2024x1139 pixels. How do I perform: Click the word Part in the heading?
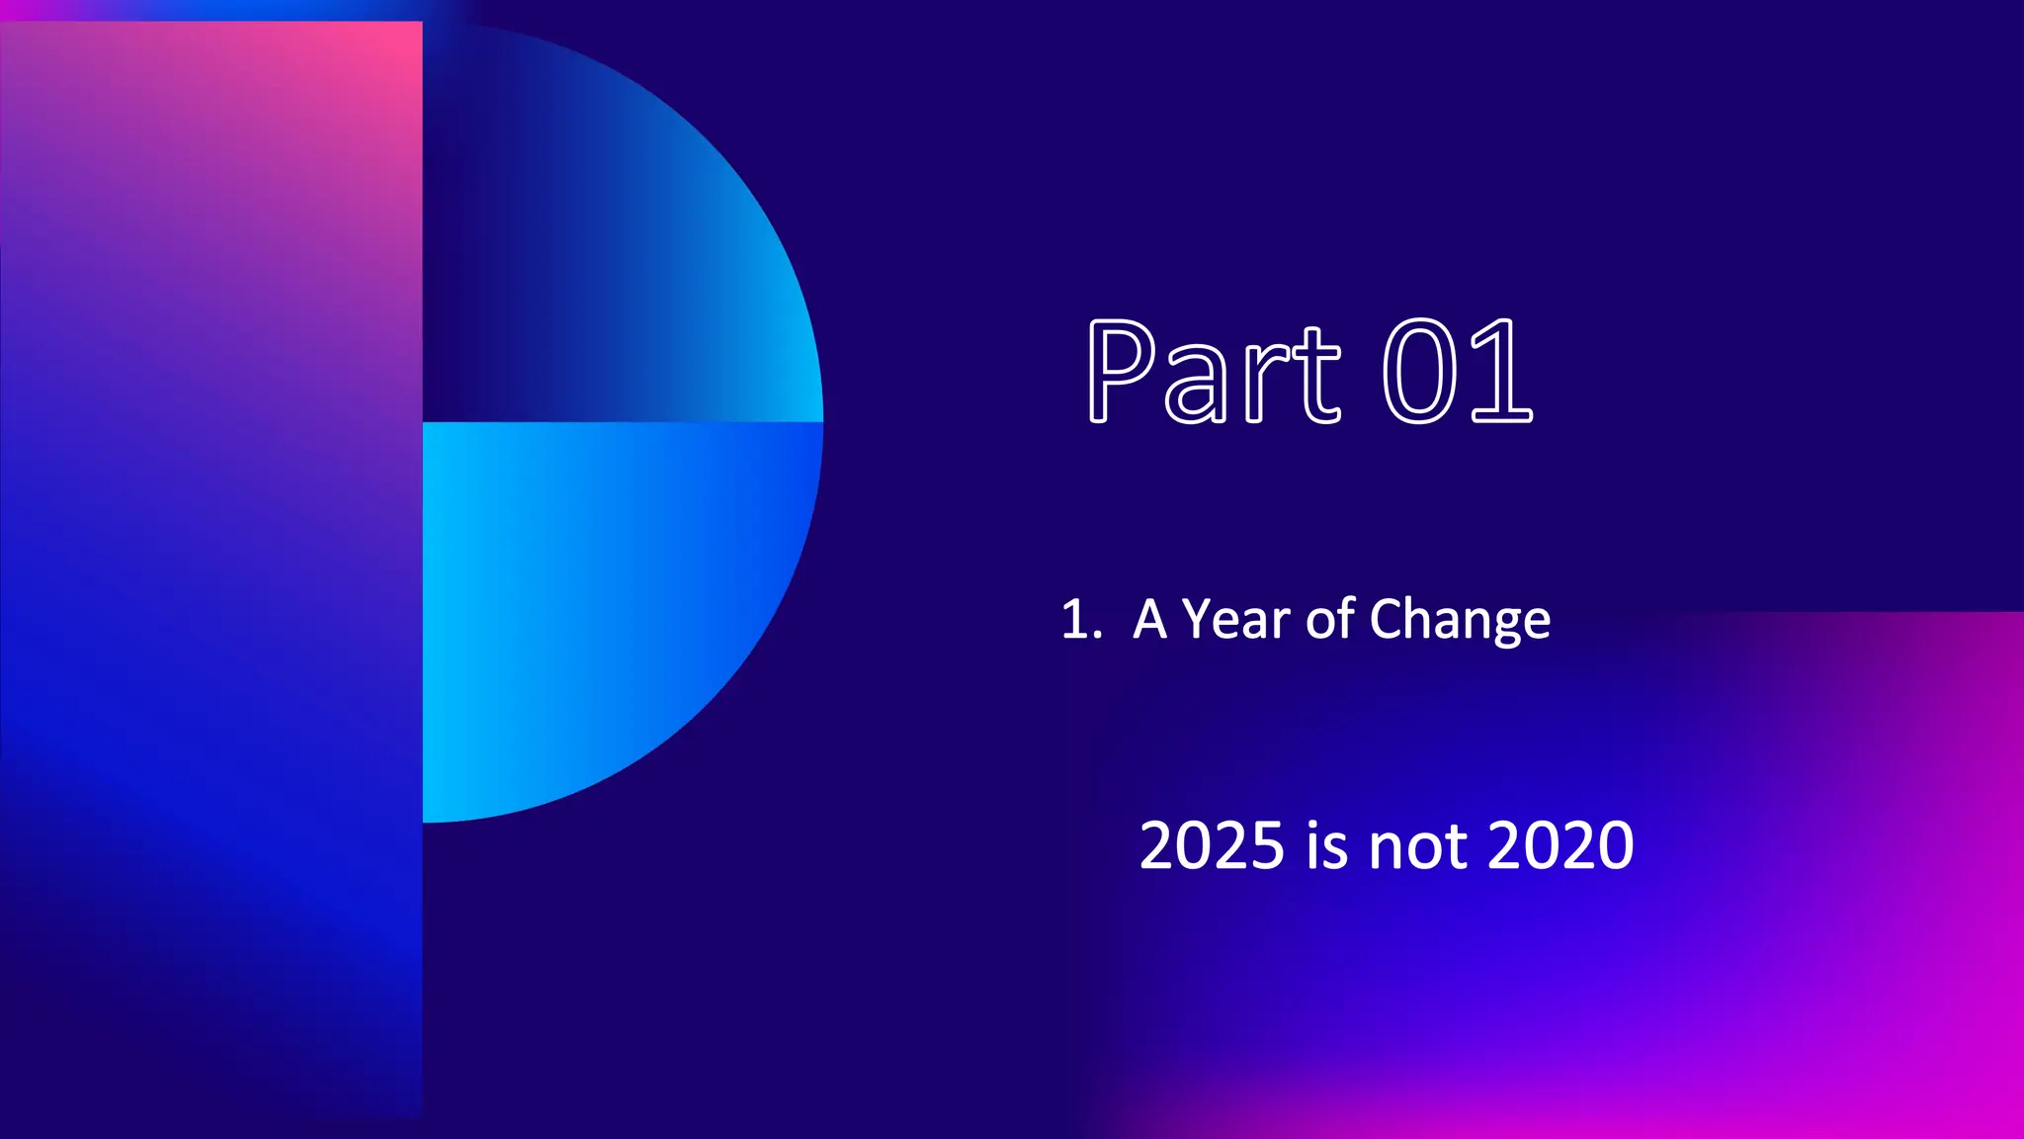click(x=1213, y=373)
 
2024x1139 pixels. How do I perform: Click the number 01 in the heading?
click(x=1457, y=373)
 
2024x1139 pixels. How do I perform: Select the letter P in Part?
click(x=1121, y=373)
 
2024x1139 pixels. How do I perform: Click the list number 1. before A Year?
click(x=1080, y=621)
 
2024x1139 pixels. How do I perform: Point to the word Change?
click(x=1460, y=621)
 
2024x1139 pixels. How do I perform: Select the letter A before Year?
click(x=1150, y=621)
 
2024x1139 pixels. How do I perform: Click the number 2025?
click(x=1212, y=846)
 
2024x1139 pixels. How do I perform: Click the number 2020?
click(x=1560, y=846)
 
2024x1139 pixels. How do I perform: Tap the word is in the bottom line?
click(x=1326, y=846)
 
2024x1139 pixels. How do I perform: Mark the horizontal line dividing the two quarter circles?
click(x=623, y=422)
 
